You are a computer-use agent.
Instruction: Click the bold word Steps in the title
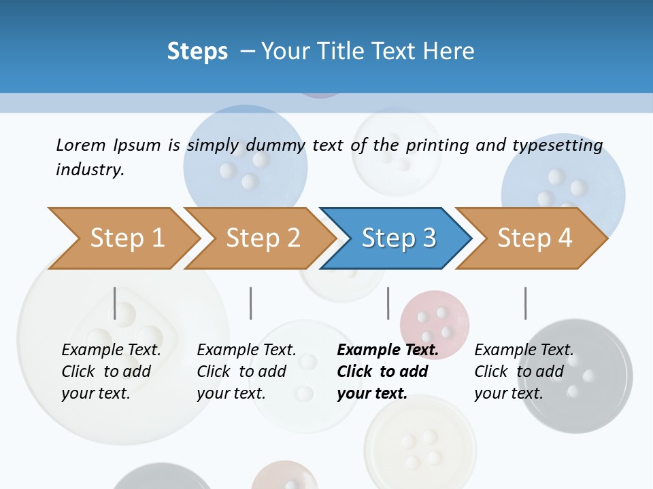(x=197, y=51)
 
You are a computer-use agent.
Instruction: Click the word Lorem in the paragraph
(x=80, y=145)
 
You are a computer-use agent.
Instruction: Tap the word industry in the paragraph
(x=90, y=170)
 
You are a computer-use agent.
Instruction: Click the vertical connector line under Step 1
(x=115, y=303)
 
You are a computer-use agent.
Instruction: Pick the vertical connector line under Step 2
(x=251, y=303)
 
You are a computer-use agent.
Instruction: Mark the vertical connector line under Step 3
(x=388, y=303)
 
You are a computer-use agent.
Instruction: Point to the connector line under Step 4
(x=525, y=303)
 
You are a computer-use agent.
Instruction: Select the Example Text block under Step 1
(x=111, y=372)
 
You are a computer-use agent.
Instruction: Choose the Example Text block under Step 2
(x=246, y=372)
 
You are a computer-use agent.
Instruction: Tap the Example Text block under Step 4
(x=524, y=372)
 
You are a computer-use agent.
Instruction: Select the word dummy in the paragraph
(x=275, y=145)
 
